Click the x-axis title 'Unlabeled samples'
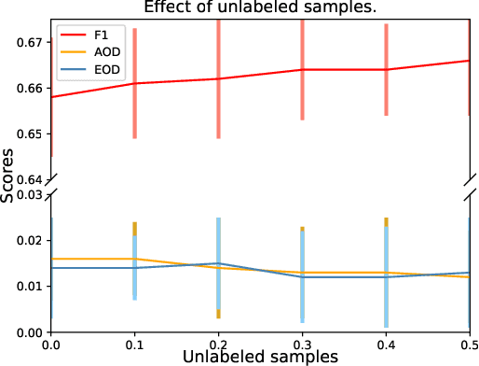click(259, 356)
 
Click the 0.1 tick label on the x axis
click(135, 343)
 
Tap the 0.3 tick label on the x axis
click(302, 343)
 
